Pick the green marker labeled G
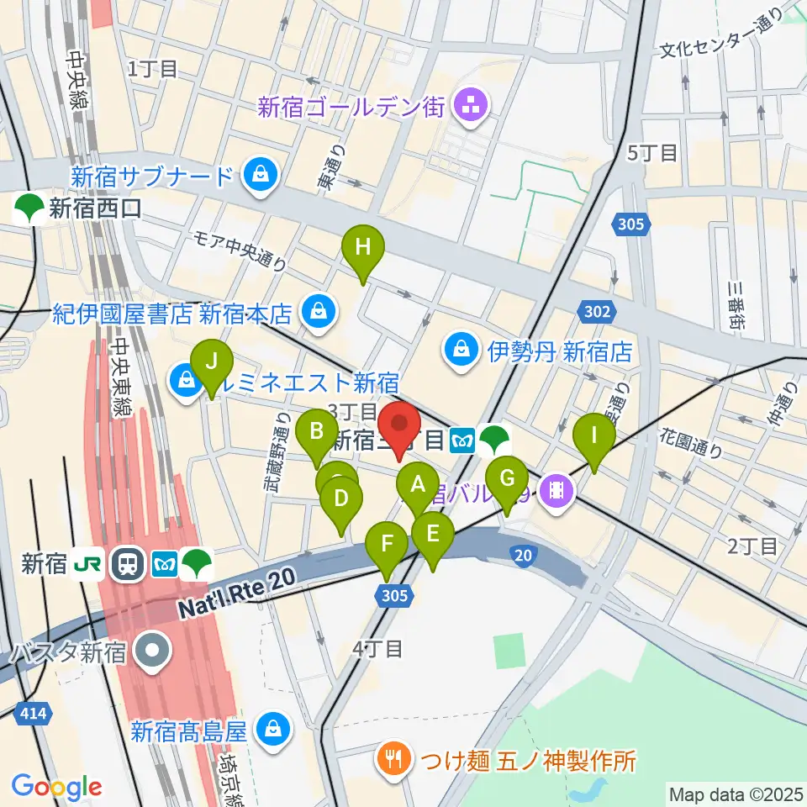click(x=507, y=480)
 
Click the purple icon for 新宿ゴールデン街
click(x=466, y=106)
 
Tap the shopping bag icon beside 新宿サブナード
click(x=255, y=176)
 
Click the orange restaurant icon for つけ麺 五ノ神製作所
click(x=391, y=762)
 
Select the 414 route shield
click(x=31, y=714)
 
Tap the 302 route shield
click(x=595, y=312)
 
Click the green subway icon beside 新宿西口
click(x=30, y=208)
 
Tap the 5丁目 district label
click(x=652, y=152)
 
